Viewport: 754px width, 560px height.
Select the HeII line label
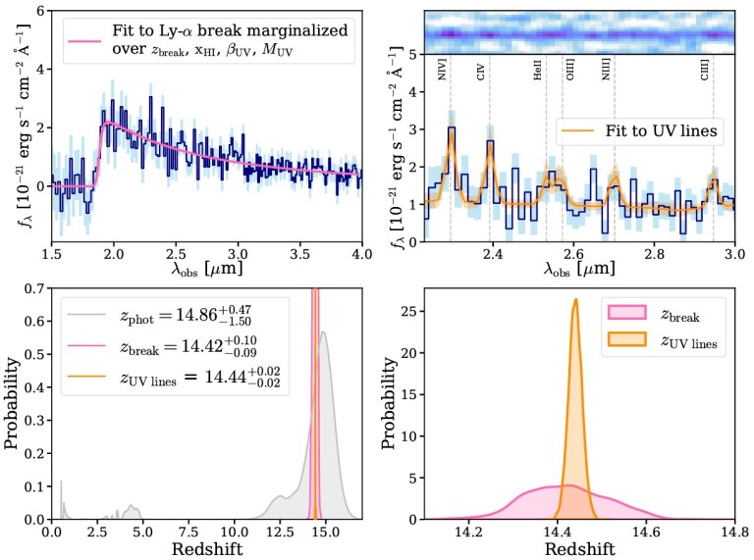[x=538, y=72]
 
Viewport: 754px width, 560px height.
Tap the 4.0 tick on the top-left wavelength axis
[x=361, y=256]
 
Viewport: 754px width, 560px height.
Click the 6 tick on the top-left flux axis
[x=39, y=11]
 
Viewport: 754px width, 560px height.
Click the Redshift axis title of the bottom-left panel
[x=206, y=550]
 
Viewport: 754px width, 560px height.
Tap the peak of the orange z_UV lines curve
[x=575, y=301]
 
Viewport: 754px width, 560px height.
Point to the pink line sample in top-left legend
[x=81, y=40]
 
